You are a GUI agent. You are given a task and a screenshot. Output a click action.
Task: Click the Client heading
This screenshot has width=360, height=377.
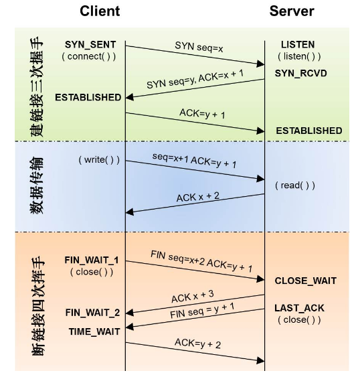100,11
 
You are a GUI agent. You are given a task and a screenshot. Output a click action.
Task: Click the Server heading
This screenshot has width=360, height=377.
292,11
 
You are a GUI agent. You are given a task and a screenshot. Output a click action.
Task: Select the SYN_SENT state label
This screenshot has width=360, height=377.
90,45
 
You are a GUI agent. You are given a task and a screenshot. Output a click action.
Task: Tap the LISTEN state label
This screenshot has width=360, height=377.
298,44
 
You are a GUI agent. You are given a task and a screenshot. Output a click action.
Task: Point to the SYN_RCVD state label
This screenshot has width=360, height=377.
301,73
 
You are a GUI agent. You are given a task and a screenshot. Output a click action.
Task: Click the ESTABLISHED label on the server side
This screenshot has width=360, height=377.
309,131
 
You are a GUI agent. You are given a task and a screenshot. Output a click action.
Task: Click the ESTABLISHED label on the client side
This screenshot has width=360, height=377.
88,97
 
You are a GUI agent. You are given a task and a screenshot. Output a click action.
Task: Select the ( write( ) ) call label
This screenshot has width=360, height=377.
99,160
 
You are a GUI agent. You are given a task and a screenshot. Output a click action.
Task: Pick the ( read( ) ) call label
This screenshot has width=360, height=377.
295,185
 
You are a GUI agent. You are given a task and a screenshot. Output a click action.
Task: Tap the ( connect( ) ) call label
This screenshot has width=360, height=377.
89,56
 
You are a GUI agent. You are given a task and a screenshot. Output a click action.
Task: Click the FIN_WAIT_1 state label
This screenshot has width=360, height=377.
92,260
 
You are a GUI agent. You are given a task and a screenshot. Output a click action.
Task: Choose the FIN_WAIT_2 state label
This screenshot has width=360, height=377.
92,313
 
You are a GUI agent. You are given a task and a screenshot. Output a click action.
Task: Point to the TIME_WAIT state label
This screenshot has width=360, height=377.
94,331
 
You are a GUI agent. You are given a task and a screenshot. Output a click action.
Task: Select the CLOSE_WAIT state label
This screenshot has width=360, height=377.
305,281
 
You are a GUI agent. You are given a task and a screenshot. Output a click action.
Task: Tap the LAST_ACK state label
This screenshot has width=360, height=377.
299,308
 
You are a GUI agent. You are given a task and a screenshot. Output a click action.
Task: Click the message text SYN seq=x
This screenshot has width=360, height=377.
199,47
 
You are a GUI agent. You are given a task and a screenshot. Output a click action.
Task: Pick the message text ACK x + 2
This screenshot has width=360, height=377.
198,197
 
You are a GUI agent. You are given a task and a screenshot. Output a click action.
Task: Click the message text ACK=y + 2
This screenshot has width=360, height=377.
197,343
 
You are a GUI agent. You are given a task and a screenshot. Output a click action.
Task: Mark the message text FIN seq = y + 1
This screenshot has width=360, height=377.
202,311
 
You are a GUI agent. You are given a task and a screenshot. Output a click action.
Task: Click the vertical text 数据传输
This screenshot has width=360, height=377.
37,185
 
